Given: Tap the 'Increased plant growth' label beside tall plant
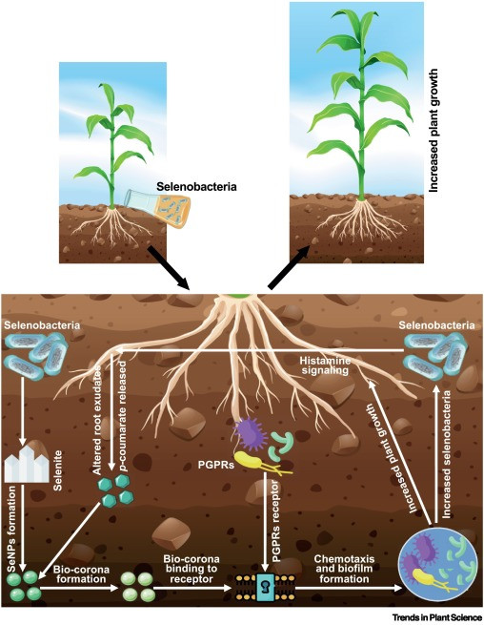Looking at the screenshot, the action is [434, 131].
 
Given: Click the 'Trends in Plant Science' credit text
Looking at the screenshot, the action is [437, 617].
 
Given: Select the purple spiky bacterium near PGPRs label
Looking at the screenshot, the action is [251, 433].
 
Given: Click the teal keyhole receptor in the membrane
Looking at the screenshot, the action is [265, 586].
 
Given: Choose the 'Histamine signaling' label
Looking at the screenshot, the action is [325, 365].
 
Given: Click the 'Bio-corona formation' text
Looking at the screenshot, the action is [81, 574].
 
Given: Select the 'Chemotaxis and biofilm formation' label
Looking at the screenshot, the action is [344, 569].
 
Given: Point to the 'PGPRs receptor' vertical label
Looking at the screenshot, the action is [276, 517].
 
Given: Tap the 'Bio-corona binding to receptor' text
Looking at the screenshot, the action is [192, 569].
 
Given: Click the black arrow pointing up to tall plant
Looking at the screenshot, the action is [290, 266].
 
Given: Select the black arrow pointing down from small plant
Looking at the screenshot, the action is [168, 266].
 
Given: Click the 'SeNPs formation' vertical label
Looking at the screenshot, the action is [11, 529].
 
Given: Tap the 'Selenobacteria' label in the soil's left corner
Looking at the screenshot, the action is [42, 325].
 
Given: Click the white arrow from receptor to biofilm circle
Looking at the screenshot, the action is [349, 588].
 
